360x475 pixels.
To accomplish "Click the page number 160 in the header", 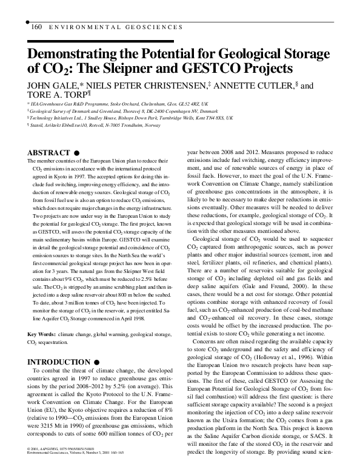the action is (x=35, y=27).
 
